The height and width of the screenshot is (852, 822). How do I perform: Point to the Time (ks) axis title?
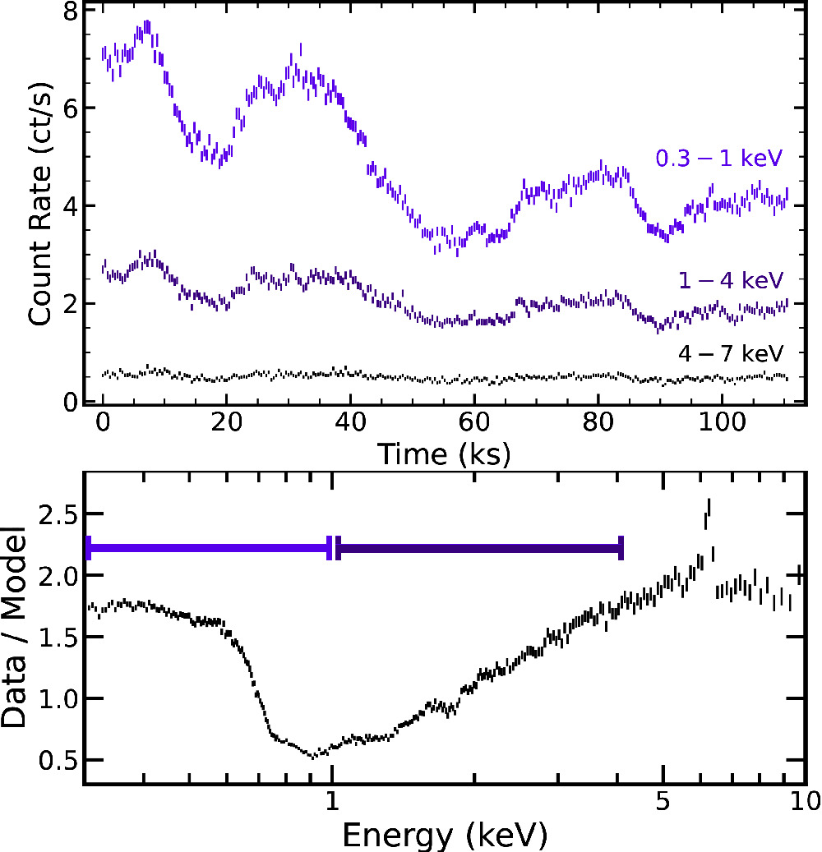pos(444,452)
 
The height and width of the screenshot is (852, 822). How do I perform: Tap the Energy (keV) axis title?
pos(444,835)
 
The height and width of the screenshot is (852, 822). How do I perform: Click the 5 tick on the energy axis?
pos(663,800)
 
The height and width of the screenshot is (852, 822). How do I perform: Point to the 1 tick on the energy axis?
pos(331,800)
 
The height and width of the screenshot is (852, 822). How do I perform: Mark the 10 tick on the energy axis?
pos(802,800)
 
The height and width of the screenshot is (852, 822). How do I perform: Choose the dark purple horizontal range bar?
pos(479,548)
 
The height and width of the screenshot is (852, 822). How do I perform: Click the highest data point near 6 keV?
pos(709,505)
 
